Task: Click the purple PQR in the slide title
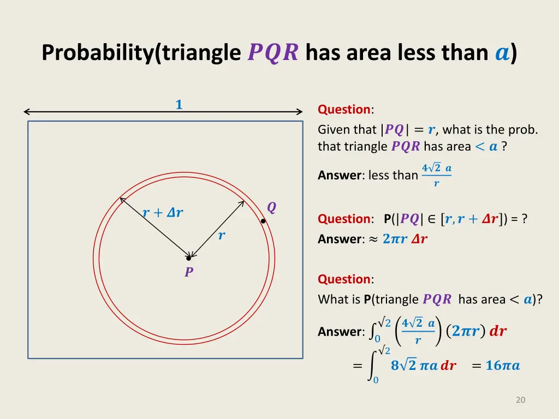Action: pos(273,53)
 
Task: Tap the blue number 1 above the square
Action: pos(179,104)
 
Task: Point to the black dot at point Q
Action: pos(263,222)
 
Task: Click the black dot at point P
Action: pos(188,258)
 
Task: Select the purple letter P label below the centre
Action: pos(189,272)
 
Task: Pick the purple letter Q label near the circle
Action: pos(271,207)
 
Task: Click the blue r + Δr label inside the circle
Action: pos(163,213)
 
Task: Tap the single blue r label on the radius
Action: pos(222,236)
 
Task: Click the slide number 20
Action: pos(520,400)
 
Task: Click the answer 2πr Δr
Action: pos(405,239)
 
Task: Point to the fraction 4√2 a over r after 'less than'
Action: pos(436,175)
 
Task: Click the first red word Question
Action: pos(344,109)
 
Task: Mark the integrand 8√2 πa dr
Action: pos(423,366)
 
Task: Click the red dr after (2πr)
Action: pos(498,331)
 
